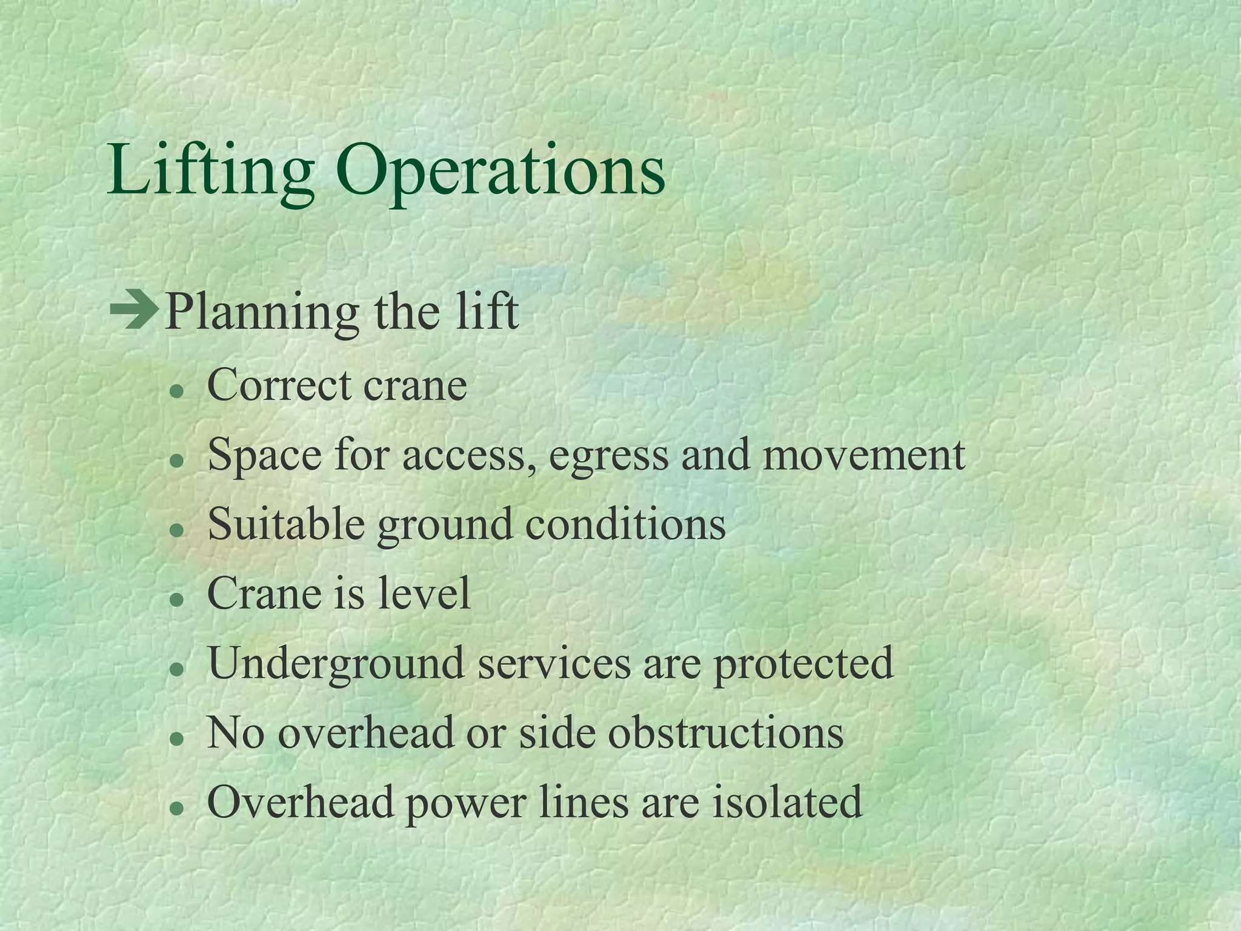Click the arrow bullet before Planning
pos(134,312)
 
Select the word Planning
pos(262,313)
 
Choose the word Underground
pos(336,664)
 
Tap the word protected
pos(803,664)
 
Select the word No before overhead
pos(236,733)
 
